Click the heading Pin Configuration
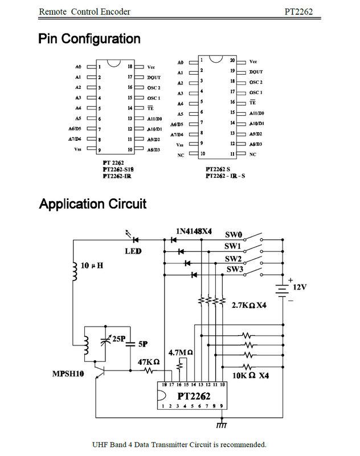tap(89, 39)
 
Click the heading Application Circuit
tap(92, 203)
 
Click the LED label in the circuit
tap(133, 251)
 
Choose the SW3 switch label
tap(235, 269)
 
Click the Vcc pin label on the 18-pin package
tap(150, 67)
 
